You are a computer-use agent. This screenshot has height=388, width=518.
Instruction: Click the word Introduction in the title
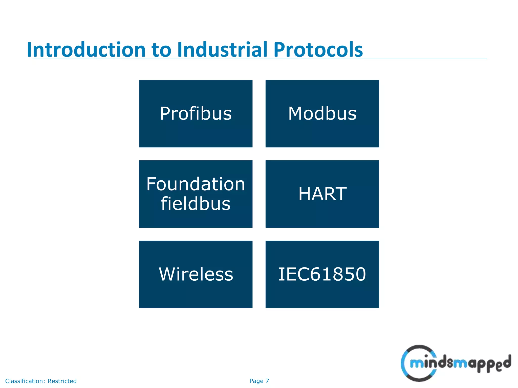[86, 50]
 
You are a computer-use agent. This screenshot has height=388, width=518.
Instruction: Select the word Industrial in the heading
[222, 50]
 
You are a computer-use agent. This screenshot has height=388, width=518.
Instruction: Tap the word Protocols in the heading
[318, 50]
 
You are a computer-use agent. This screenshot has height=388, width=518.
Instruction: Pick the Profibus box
[196, 113]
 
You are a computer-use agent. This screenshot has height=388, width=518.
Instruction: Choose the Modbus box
[322, 113]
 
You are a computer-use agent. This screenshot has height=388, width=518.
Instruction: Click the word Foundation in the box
[196, 184]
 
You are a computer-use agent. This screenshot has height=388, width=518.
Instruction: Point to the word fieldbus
[196, 204]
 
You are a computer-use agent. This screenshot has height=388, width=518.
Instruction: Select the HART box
[322, 194]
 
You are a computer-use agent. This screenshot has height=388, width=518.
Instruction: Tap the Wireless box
[196, 274]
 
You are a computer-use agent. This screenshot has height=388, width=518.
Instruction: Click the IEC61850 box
[322, 274]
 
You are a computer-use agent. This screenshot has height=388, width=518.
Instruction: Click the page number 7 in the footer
[267, 381]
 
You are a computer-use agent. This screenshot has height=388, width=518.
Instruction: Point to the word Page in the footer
[256, 381]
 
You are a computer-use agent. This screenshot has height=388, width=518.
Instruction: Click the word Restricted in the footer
[62, 381]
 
